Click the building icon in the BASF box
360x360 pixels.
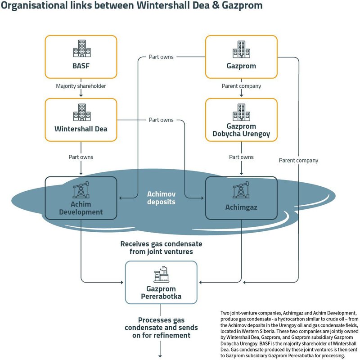tap(82, 49)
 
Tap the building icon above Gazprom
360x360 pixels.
tap(241, 49)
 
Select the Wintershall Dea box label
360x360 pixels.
tap(81, 129)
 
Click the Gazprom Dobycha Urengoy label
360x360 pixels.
tap(241, 130)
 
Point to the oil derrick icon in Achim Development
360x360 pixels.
tap(81, 189)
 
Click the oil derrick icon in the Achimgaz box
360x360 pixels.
tap(241, 189)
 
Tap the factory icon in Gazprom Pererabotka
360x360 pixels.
tap(162, 274)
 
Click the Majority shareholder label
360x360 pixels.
tap(81, 86)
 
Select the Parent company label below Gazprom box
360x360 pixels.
tap(241, 86)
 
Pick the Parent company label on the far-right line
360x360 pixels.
tap(298, 161)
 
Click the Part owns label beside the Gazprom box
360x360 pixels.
tap(161, 57)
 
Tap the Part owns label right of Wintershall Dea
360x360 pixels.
tap(161, 120)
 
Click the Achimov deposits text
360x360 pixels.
tap(161, 198)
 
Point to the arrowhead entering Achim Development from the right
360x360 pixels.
tap(121, 198)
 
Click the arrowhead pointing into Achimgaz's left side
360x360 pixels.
tap(202, 198)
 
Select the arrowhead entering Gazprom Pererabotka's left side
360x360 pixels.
tap(122, 283)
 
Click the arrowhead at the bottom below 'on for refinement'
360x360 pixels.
tap(160, 356)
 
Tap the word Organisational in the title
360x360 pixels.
tap(35, 5)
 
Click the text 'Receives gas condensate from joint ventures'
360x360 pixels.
tap(161, 248)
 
